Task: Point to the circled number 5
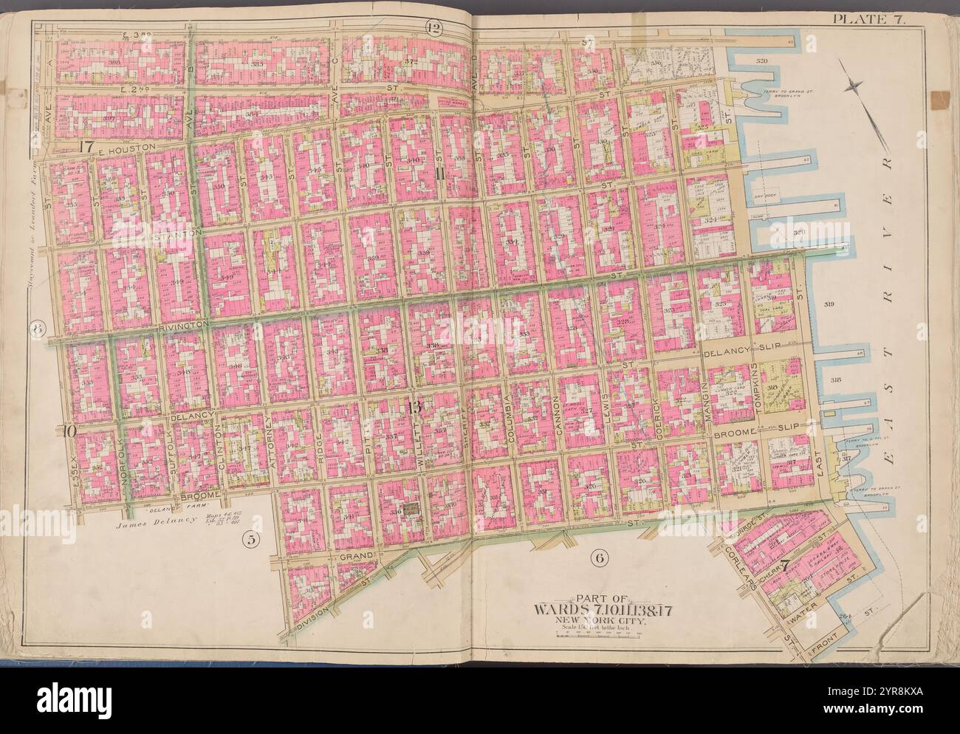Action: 250,540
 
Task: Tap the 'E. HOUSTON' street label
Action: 128,148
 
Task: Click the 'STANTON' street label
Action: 174,234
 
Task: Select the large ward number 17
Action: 85,146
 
